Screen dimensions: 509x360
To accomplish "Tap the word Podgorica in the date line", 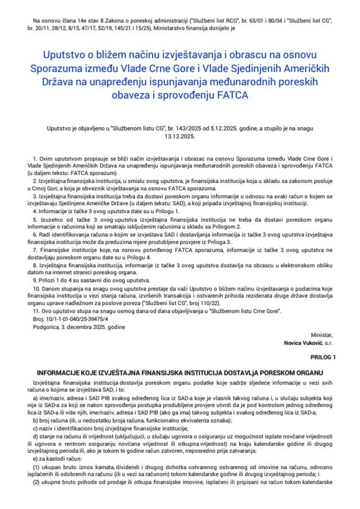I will point(43,327).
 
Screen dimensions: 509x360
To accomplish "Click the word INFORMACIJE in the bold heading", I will point(60,372).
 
